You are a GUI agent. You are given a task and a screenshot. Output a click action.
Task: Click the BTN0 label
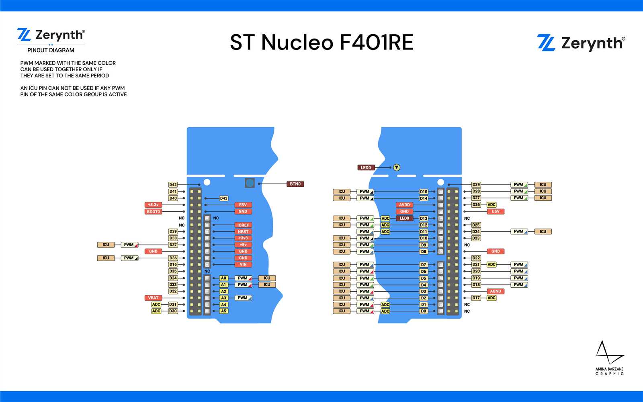295,184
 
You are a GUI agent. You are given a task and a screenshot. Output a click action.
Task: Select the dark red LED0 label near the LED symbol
366,167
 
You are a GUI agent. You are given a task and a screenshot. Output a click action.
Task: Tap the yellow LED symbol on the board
397,167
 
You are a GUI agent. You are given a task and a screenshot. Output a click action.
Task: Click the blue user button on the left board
250,183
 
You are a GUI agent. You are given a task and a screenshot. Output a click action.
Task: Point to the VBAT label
153,298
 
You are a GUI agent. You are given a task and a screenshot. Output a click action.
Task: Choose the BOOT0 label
153,211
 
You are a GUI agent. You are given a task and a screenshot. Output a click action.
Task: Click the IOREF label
243,225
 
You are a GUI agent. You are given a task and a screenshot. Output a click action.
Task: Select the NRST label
243,231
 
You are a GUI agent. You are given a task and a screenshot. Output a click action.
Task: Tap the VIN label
243,264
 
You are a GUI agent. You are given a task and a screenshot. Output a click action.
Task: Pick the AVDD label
404,205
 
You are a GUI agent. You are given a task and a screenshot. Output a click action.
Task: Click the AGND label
496,291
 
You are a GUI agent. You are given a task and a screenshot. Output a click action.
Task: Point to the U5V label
496,211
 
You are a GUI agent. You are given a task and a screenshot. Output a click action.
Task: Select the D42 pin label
173,185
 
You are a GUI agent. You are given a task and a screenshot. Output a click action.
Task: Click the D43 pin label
224,198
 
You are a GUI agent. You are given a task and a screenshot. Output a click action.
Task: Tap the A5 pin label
224,311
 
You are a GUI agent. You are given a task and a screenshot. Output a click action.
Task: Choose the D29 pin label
476,185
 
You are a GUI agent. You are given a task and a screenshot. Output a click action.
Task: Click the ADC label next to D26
491,205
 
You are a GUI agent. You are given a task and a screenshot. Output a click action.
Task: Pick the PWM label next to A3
243,298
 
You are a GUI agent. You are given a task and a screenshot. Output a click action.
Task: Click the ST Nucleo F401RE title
321,42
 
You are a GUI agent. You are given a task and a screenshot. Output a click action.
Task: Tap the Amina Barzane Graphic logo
610,358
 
